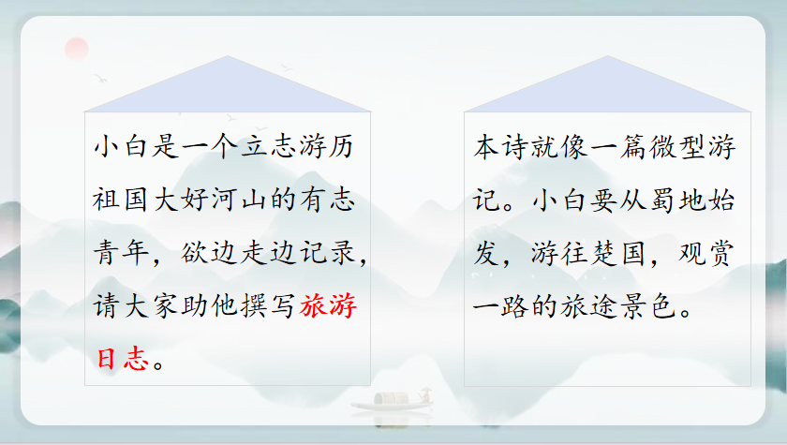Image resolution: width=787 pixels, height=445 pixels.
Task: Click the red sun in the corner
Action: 77,49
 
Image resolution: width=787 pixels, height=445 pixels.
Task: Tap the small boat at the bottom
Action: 393,400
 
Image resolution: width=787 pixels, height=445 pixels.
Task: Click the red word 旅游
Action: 328,305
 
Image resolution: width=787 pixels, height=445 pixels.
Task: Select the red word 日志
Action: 122,359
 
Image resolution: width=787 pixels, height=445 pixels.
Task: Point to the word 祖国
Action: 120,200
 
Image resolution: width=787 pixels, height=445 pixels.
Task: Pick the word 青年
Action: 121,252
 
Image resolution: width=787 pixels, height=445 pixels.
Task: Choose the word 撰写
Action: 268,305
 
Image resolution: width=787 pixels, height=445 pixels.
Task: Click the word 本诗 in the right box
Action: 500,147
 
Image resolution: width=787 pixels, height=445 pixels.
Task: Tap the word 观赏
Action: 706,252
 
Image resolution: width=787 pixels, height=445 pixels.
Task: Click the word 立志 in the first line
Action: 268,147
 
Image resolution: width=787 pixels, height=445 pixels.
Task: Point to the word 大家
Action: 149,305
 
